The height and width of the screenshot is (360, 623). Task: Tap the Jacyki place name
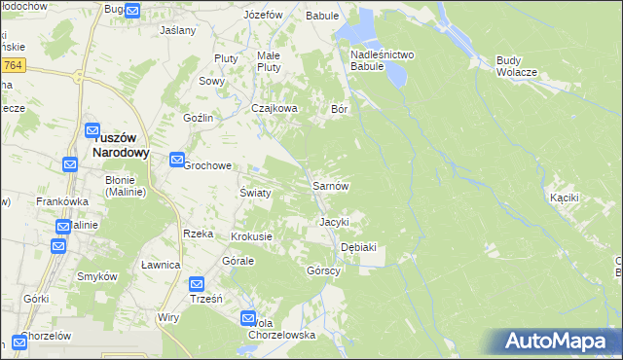(x=334, y=222)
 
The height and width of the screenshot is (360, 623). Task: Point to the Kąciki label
(x=565, y=198)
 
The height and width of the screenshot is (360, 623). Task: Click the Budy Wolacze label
(x=516, y=66)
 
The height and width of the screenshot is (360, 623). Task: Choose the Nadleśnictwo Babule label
(x=383, y=61)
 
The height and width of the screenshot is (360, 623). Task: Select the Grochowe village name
(x=207, y=165)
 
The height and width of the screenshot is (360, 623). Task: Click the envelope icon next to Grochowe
(x=177, y=160)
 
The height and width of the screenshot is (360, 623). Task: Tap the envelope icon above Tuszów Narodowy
(x=92, y=131)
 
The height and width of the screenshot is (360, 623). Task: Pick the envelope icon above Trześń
(x=197, y=284)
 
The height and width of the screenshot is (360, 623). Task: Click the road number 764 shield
(x=13, y=64)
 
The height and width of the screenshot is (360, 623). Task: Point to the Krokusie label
(x=251, y=236)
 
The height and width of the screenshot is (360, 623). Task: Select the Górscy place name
(x=323, y=270)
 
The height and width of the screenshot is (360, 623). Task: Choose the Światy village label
(x=255, y=193)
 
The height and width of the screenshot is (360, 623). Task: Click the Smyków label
(x=97, y=276)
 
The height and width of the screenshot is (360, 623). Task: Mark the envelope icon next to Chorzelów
(x=20, y=342)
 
